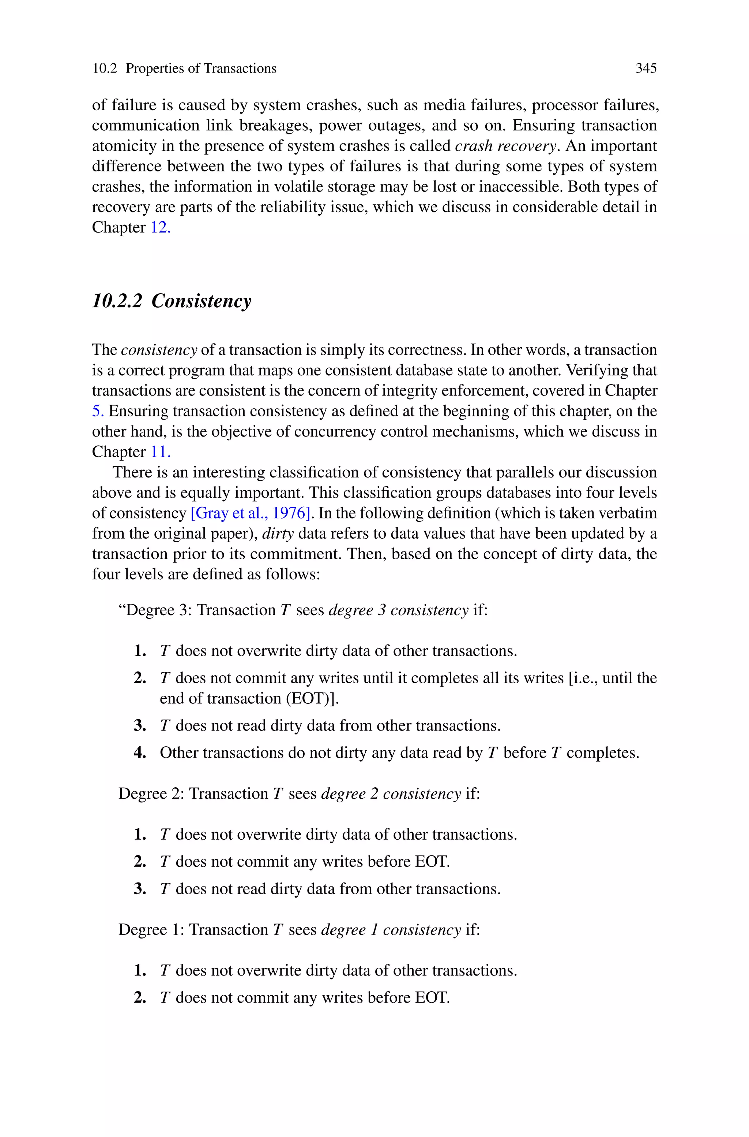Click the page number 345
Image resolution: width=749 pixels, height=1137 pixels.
click(646, 68)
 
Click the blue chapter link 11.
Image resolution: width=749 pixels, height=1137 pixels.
click(161, 452)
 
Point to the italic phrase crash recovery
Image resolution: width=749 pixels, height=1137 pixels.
click(506, 146)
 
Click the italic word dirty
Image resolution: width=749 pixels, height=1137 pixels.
click(278, 534)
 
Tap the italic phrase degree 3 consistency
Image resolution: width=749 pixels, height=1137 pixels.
click(398, 610)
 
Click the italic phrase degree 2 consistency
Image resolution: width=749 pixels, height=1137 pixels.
click(391, 794)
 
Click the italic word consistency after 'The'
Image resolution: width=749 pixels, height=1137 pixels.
click(159, 350)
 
